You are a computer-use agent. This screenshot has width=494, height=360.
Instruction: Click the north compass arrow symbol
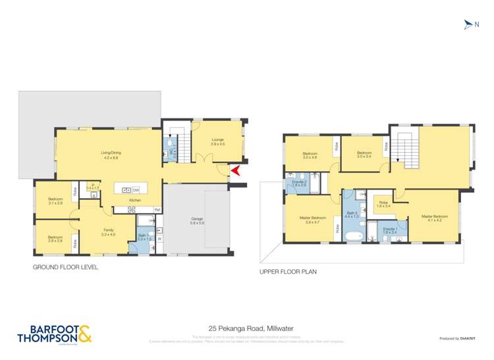point(468,24)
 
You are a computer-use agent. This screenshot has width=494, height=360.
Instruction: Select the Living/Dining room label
point(111,155)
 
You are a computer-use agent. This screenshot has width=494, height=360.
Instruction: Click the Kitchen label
point(135,199)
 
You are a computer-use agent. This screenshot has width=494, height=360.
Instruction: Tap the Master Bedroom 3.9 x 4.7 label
point(313,220)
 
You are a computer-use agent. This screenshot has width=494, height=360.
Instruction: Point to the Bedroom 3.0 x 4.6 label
point(310,157)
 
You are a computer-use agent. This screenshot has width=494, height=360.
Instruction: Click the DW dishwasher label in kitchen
point(135,190)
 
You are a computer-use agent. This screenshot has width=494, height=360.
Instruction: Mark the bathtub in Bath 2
point(354,234)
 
